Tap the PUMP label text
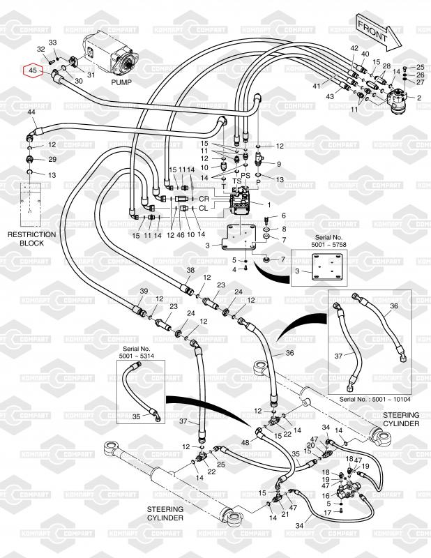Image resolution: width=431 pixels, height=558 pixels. [121, 82]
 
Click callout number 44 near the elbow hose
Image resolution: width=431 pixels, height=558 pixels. [31, 112]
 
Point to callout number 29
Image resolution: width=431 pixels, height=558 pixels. [52, 159]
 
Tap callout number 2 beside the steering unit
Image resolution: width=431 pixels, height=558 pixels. [419, 98]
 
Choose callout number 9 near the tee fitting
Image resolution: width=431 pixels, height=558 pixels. [278, 164]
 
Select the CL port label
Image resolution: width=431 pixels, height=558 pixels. [204, 208]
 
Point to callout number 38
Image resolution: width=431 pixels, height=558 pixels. [190, 270]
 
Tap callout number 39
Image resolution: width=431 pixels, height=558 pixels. [144, 291]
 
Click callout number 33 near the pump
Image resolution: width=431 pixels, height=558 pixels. [52, 43]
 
